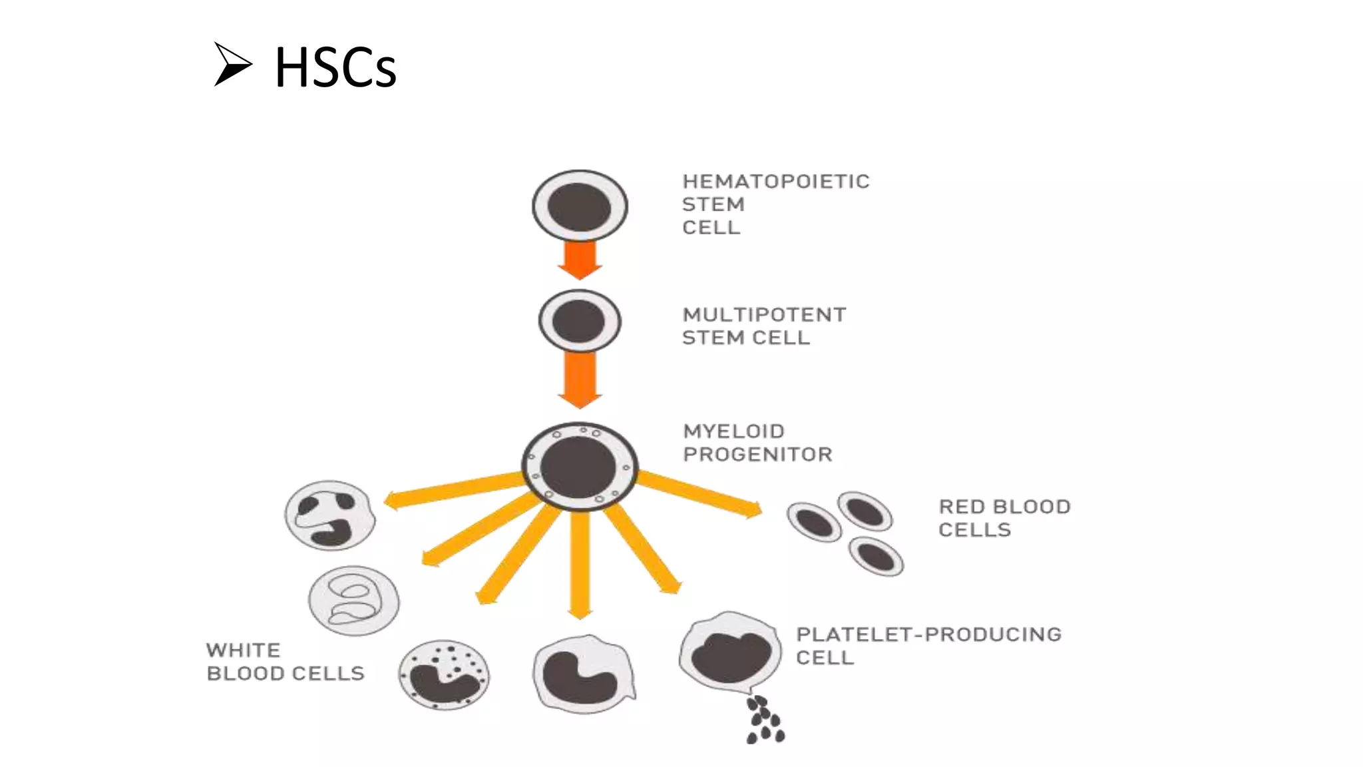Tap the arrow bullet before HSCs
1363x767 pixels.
[x=232, y=64]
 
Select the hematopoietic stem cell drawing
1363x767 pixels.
[x=580, y=206]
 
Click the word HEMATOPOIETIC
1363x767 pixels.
[x=776, y=182]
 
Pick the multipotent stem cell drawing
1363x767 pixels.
[x=580, y=321]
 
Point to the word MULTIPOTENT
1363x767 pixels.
[x=764, y=315]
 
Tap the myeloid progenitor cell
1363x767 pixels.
[x=580, y=466]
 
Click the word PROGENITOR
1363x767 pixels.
[x=757, y=455]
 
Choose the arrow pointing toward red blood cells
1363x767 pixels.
[x=699, y=493]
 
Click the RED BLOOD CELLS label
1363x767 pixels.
[x=1004, y=518]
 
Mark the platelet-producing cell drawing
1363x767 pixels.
[x=730, y=652]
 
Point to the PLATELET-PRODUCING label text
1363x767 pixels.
[x=928, y=635]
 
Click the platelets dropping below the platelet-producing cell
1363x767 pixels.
[x=765, y=720]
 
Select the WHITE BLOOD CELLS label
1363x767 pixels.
[x=285, y=662]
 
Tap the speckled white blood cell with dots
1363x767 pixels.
[x=444, y=674]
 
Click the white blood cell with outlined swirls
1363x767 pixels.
[x=353, y=601]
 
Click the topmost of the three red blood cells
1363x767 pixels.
[x=865, y=511]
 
